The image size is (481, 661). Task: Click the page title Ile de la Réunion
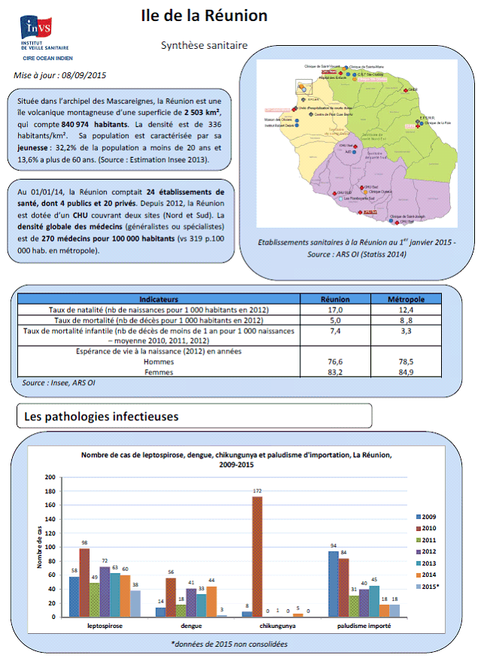coord(204,16)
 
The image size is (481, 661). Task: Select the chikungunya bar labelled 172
coord(257,556)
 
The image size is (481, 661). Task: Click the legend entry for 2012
coord(429,550)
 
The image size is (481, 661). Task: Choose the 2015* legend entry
coord(429,585)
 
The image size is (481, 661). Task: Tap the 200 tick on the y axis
coord(51,477)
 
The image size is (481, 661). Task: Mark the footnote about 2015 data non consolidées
coord(240,644)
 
